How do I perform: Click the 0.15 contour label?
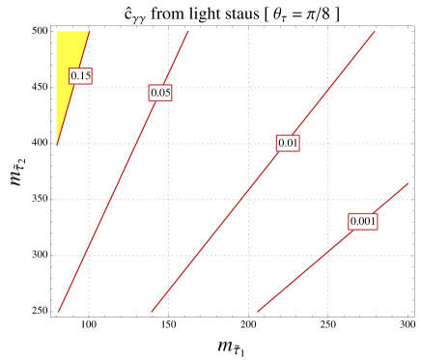80,75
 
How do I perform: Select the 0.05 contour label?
160,93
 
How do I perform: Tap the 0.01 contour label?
288,143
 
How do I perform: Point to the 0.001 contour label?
362,221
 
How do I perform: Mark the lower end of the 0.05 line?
58,312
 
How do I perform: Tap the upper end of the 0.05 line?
188,31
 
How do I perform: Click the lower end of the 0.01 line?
151,312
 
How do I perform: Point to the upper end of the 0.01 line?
376,31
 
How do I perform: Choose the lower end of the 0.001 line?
257,312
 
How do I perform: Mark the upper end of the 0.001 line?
408,182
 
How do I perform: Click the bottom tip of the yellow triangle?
56,146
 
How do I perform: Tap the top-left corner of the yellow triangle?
56,31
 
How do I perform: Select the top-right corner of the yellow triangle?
90,31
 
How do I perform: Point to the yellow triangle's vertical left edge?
56,87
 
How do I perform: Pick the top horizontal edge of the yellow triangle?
72,31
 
